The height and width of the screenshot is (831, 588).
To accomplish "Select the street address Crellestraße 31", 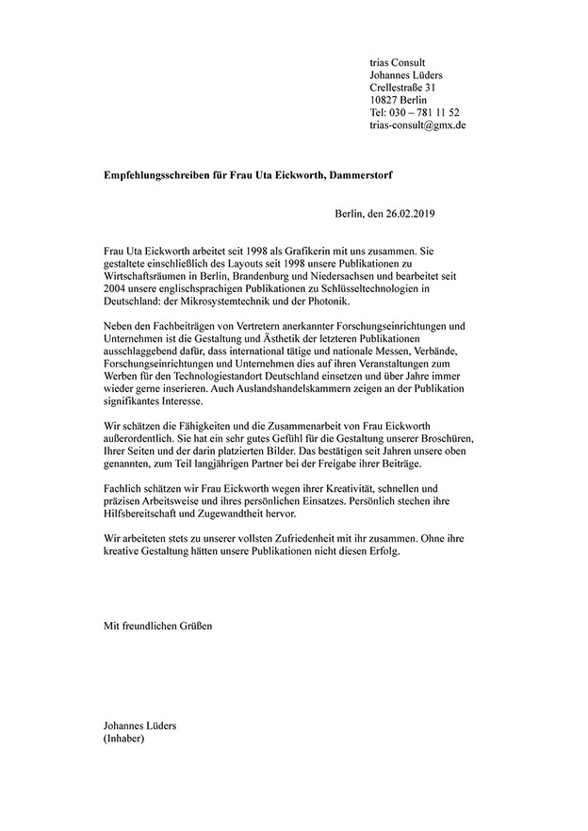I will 406,88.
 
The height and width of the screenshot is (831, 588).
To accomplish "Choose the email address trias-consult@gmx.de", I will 417,124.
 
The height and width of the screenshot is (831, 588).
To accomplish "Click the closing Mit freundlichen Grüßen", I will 157,625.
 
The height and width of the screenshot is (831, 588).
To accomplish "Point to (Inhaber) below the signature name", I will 123,740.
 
